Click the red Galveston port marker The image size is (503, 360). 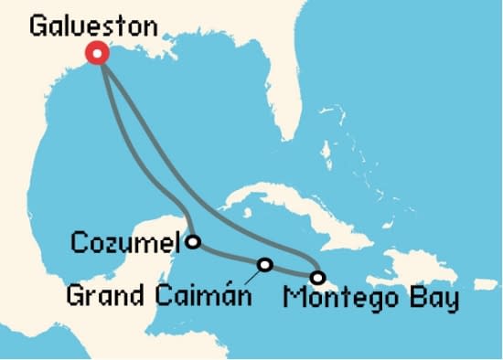pos(97,54)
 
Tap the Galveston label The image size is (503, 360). pos(93,26)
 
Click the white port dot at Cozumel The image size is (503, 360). pos(193,242)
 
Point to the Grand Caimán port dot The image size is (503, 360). pos(265,265)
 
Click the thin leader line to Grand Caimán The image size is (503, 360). pos(253,277)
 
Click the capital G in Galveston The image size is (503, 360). pos(38,25)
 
